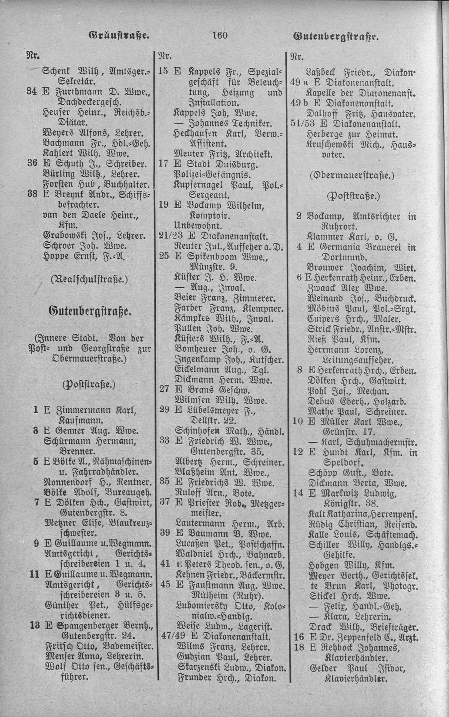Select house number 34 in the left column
[x=32, y=91]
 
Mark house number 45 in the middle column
[x=164, y=584]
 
